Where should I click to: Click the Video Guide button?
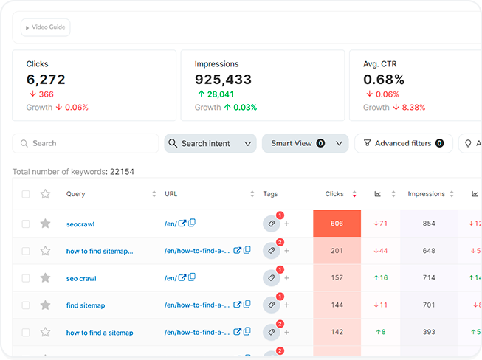(x=46, y=27)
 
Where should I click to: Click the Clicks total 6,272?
(x=46, y=80)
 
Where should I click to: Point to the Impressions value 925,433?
(x=223, y=80)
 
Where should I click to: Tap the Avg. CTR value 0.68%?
(x=384, y=80)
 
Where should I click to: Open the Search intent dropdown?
(x=210, y=143)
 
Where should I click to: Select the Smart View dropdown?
(x=305, y=143)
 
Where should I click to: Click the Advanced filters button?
(x=404, y=143)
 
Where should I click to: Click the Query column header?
(x=76, y=194)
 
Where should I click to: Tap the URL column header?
(x=171, y=194)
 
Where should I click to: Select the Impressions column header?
(x=427, y=194)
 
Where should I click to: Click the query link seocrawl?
(x=80, y=224)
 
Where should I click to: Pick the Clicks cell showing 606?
(x=337, y=224)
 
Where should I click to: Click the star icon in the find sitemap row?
(x=45, y=305)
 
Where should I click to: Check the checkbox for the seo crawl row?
(x=26, y=278)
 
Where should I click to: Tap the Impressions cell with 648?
(x=429, y=251)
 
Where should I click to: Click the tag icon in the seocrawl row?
(x=271, y=224)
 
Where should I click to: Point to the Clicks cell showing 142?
(x=337, y=333)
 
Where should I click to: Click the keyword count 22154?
(x=122, y=172)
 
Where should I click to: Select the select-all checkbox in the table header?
(x=26, y=194)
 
